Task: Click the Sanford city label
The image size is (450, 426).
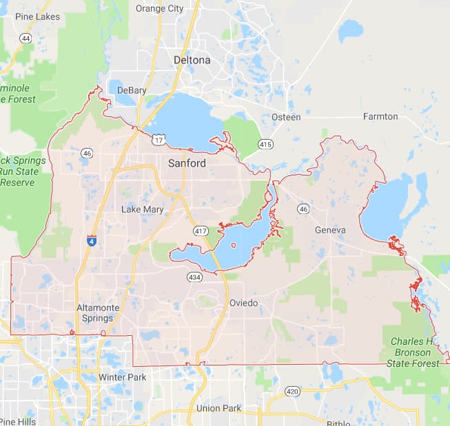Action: click(187, 164)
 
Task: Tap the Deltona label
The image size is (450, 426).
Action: click(192, 61)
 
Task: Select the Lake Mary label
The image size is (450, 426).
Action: click(143, 209)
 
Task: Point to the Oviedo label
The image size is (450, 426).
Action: click(244, 303)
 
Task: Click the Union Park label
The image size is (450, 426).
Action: click(218, 408)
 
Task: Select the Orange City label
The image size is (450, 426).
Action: click(160, 9)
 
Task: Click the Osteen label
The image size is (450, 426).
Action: click(286, 118)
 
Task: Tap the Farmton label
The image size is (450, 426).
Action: click(380, 117)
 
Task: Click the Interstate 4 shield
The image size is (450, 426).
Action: click(92, 241)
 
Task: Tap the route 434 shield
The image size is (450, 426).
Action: click(194, 276)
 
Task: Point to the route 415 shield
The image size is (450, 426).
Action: click(265, 144)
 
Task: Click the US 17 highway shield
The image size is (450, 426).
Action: click(159, 140)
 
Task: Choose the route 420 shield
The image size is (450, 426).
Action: click(292, 392)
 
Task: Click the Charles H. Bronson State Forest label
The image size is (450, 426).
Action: click(411, 352)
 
